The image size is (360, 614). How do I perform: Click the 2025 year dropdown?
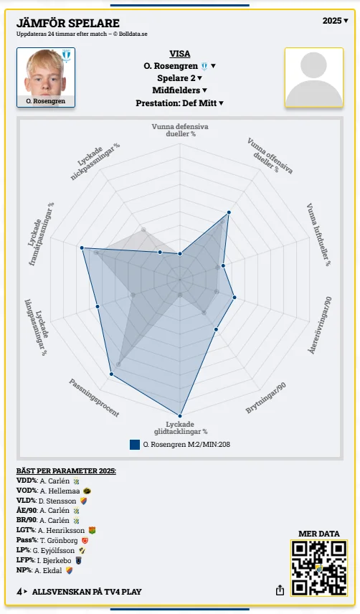335,21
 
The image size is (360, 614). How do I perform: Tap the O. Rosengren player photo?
46,77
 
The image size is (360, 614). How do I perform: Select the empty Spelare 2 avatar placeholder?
314,77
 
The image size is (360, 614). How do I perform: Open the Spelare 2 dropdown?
179,78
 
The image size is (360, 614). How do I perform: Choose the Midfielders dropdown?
179,90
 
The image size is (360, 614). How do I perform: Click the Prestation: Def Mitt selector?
179,103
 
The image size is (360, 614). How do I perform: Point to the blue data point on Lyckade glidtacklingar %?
180,416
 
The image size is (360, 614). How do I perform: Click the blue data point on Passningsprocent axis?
112,374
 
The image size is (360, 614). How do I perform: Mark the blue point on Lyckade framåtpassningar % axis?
82,248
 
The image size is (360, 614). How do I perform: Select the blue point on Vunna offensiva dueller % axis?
229,212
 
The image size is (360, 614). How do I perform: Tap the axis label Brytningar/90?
266,398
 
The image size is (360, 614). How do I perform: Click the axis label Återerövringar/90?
320,325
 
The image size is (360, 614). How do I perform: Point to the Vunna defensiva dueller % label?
180,130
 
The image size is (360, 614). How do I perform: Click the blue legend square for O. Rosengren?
135,445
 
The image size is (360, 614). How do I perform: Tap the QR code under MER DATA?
319,568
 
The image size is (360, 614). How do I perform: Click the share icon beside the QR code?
280,590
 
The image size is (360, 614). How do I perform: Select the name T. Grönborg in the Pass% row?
59,540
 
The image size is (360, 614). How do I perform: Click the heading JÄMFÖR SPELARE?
68,23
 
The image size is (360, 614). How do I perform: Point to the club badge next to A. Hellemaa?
87,491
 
